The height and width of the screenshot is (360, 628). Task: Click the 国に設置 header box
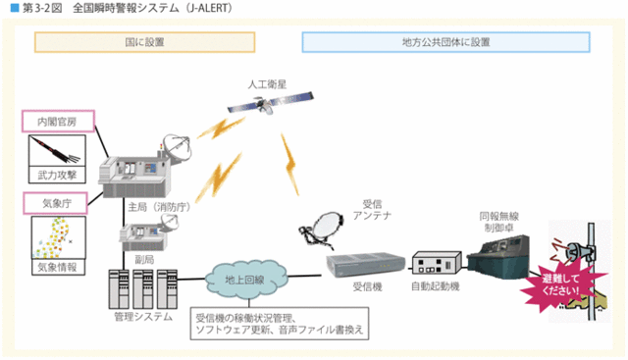(144, 42)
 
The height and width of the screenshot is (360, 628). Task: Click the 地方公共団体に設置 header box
(445, 42)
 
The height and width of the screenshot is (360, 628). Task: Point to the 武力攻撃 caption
(57, 175)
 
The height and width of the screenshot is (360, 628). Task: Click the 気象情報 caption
(57, 265)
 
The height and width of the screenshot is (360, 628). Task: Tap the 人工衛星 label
(267, 84)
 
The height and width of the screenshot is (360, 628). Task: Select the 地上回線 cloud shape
(243, 280)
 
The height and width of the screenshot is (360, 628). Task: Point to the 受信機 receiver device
(365, 263)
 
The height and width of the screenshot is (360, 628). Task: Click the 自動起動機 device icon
(437, 263)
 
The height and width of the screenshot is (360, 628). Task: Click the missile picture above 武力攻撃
(57, 149)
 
